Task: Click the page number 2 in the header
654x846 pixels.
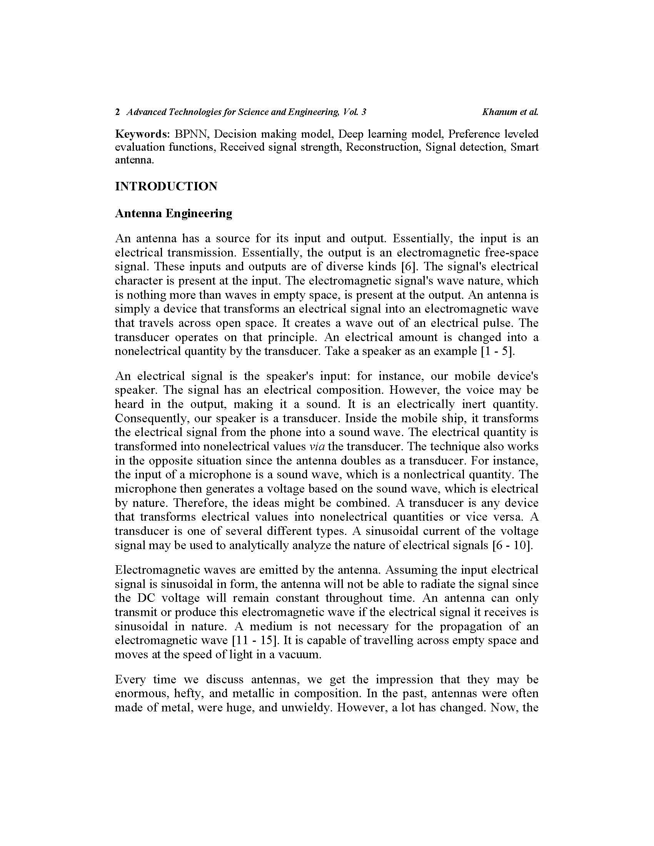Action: [x=117, y=112]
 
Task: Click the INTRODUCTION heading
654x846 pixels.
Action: [x=166, y=187]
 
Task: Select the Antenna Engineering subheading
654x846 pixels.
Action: [x=174, y=213]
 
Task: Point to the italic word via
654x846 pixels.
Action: [x=317, y=446]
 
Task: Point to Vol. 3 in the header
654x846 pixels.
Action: [x=355, y=112]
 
